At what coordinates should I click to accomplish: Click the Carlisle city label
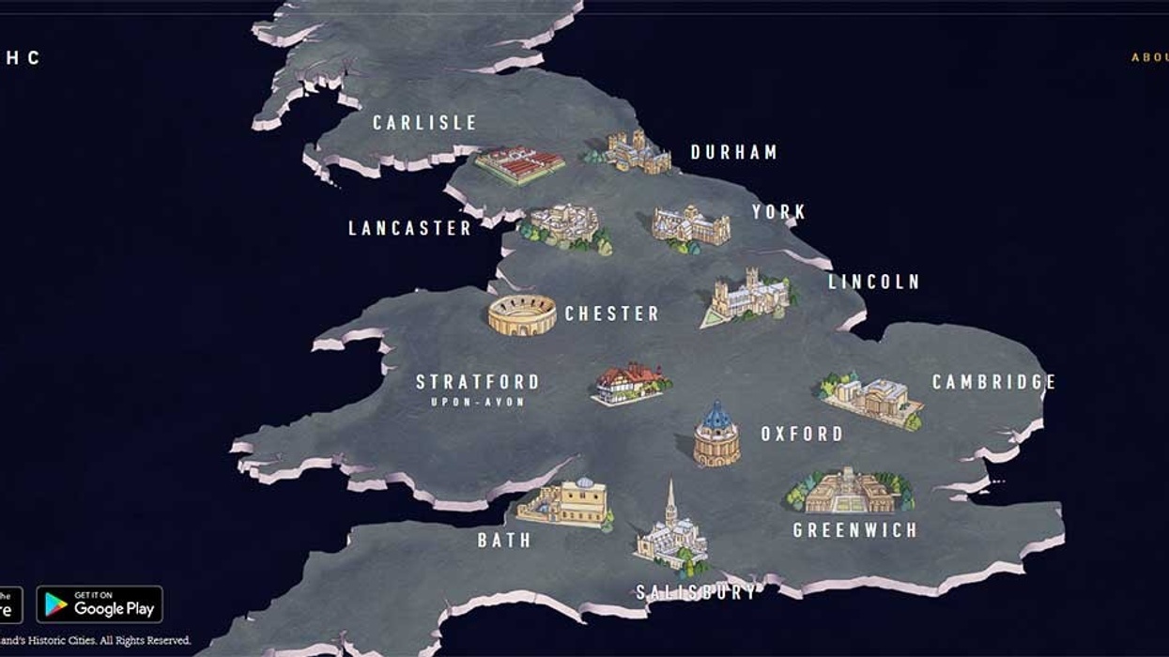[x=424, y=123]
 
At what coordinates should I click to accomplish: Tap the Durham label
[x=733, y=152]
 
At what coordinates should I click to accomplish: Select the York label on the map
[x=778, y=212]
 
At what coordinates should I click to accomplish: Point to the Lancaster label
[x=409, y=228]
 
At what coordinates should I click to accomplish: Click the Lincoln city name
[x=873, y=282]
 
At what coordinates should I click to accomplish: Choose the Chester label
[x=611, y=313]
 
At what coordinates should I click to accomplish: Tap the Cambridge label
[x=993, y=382]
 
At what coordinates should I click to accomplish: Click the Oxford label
[x=801, y=434]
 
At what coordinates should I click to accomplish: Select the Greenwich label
[x=854, y=530]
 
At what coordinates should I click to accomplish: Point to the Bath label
[x=504, y=541]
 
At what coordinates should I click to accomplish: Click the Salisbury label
[x=696, y=592]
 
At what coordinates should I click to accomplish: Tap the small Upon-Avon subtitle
[x=477, y=402]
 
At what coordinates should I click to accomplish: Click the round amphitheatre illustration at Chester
[x=522, y=314]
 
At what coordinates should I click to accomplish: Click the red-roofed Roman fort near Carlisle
[x=519, y=165]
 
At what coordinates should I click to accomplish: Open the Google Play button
[x=100, y=604]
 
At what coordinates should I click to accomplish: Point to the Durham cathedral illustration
[x=638, y=152]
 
